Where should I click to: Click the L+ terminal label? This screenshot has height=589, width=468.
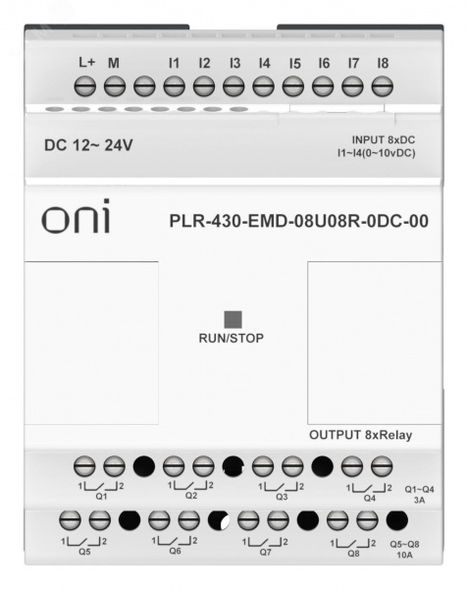(x=87, y=62)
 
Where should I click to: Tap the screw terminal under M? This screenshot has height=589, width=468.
(x=115, y=86)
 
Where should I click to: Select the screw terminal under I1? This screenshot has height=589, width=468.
(x=174, y=86)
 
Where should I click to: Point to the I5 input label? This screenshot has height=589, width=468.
(x=295, y=64)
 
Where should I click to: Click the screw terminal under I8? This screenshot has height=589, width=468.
(x=382, y=86)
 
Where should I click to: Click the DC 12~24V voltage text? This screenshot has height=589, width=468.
(x=88, y=145)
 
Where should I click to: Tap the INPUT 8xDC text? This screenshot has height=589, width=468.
(x=384, y=139)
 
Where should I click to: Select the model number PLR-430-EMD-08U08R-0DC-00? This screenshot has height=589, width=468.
(x=298, y=221)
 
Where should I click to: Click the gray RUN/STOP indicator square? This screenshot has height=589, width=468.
(x=234, y=320)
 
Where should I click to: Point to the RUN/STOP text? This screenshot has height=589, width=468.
(x=232, y=338)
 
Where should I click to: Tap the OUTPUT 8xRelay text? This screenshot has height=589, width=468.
(x=361, y=435)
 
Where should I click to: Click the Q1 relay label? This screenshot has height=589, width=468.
(x=101, y=496)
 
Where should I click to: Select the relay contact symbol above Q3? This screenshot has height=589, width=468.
(x=282, y=487)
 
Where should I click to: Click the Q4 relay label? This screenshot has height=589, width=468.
(x=370, y=498)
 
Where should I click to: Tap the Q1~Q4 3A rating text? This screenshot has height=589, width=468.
(x=419, y=495)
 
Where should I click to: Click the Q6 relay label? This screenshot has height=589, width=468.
(x=175, y=551)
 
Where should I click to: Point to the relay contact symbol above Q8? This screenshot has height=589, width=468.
(x=353, y=544)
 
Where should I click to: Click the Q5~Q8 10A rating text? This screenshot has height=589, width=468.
(x=404, y=549)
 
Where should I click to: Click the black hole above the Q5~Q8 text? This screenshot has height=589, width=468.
(x=397, y=520)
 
